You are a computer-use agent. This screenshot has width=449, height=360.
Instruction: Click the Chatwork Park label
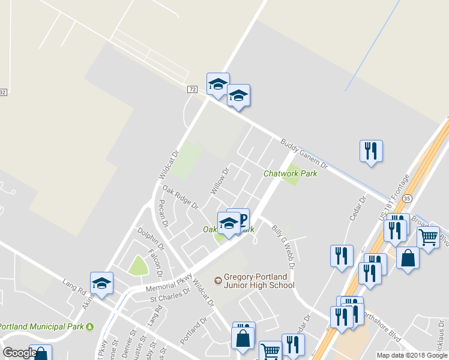(290, 173)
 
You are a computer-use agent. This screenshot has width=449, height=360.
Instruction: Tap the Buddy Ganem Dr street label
(304, 154)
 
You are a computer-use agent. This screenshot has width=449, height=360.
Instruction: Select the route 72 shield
(192, 89)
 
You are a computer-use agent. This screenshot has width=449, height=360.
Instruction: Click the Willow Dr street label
(220, 181)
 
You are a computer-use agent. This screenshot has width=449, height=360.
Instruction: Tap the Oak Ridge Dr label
(180, 197)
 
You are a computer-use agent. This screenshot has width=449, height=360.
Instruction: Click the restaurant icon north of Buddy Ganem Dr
(371, 151)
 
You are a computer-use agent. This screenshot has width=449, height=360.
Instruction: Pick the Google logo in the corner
(20, 353)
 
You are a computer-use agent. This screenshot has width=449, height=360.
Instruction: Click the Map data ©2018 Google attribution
(412, 355)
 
